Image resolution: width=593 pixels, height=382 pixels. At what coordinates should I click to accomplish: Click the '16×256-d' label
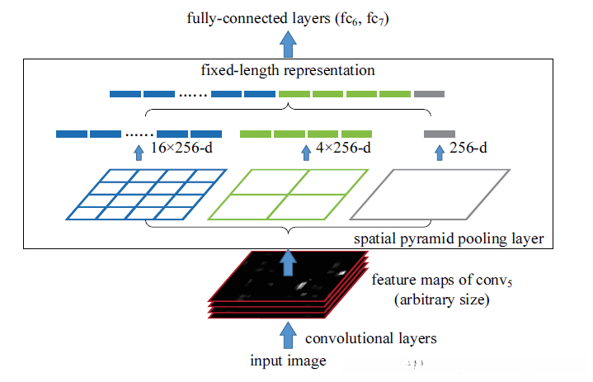[181, 148]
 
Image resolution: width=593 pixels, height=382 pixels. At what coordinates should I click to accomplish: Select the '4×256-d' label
[343, 148]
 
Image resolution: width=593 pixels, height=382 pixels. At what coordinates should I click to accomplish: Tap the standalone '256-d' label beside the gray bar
[468, 148]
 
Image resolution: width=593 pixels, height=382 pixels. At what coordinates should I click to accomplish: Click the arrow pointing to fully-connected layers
[288, 45]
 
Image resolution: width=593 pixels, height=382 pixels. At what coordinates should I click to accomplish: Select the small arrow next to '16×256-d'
[139, 153]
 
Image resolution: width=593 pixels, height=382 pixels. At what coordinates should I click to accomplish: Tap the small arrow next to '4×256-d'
[306, 153]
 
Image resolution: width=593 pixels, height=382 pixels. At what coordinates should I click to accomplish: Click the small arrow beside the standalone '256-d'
[440, 153]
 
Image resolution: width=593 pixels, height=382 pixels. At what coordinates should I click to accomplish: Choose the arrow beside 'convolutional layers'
[288, 336]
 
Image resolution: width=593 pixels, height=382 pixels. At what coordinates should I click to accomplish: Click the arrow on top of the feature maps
[288, 262]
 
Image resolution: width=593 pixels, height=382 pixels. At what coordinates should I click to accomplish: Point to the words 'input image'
[288, 361]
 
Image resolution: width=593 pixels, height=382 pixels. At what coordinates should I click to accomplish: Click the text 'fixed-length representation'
[288, 70]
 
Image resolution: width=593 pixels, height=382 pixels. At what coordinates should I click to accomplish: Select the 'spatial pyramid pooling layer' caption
[449, 238]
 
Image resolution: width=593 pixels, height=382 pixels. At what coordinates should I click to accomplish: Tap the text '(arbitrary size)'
[442, 299]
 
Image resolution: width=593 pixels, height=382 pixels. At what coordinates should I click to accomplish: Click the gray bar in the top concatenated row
[429, 94]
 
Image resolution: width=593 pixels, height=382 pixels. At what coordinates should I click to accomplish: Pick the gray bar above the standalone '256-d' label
[440, 134]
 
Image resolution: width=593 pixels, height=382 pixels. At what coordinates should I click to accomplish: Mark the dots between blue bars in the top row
[193, 96]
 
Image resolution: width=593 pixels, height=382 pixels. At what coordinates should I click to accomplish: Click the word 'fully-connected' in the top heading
[238, 18]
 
